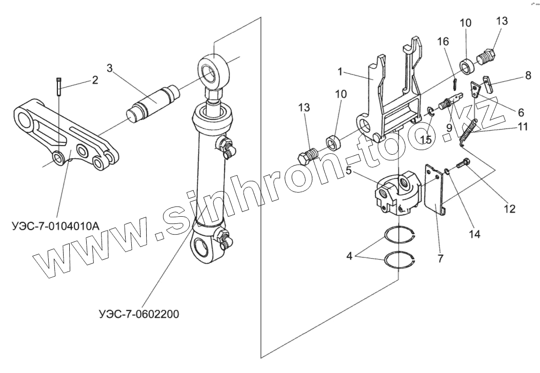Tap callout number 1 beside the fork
(x=341, y=72)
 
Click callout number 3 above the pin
(x=110, y=68)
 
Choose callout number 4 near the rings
(x=349, y=255)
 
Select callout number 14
(x=474, y=234)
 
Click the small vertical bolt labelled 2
(x=59, y=85)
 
